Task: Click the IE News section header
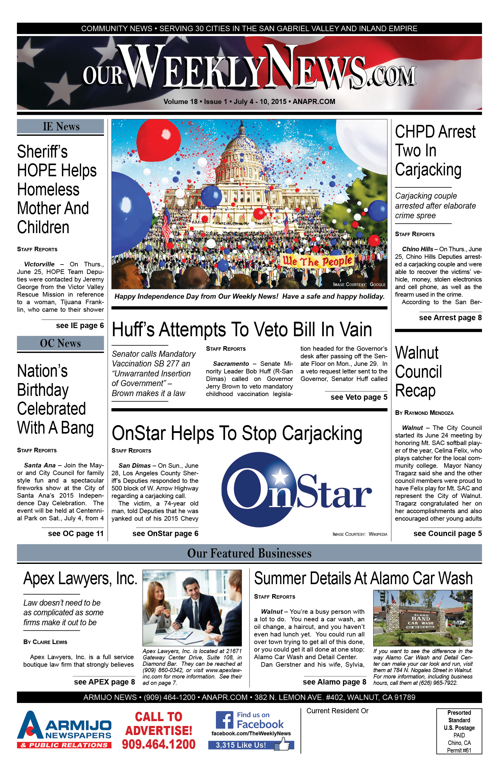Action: pyautogui.click(x=60, y=127)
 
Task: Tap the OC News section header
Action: pyautogui.click(x=60, y=343)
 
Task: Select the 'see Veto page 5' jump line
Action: pyautogui.click(x=359, y=397)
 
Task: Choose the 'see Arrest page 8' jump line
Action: pyautogui.click(x=450, y=318)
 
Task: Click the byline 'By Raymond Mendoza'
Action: pyautogui.click(x=424, y=413)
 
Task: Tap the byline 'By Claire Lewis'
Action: pyautogui.click(x=45, y=642)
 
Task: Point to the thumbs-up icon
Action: pyautogui.click(x=283, y=744)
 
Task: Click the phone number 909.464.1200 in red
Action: pyautogui.click(x=159, y=744)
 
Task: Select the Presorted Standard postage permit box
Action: pyautogui.click(x=459, y=731)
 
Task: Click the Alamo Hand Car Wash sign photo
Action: pyautogui.click(x=422, y=618)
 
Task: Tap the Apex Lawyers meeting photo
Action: pyautogui.click(x=192, y=608)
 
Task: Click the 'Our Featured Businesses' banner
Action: pyautogui.click(x=249, y=553)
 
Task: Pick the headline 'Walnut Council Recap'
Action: pyautogui.click(x=418, y=372)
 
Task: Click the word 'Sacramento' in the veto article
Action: pyautogui.click(x=231, y=364)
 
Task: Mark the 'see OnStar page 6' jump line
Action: pyautogui.click(x=165, y=534)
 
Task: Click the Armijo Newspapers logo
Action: pyautogui.click(x=64, y=730)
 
